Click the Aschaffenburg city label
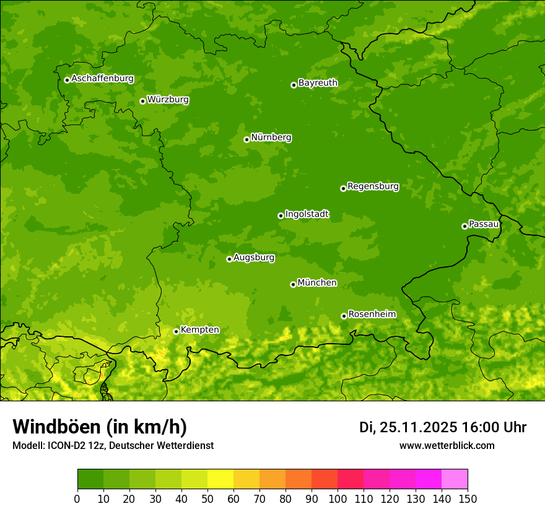click(102, 79)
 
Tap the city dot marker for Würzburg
click(142, 101)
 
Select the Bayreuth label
click(318, 83)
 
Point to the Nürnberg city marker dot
click(246, 139)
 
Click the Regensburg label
click(373, 186)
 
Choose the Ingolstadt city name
click(307, 214)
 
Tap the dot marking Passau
click(464, 226)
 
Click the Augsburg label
click(254, 258)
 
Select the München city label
click(317, 283)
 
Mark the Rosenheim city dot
click(344, 316)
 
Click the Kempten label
click(199, 330)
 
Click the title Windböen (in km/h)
click(99, 427)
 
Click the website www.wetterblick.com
click(447, 446)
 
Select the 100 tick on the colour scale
click(338, 498)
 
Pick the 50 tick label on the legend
click(207, 498)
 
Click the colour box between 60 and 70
click(246, 479)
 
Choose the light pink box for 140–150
click(455, 479)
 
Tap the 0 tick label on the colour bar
click(77, 498)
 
